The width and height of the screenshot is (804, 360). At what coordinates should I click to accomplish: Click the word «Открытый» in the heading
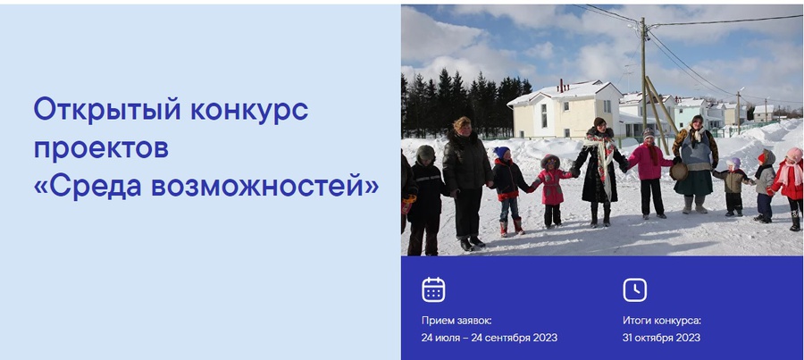(108, 110)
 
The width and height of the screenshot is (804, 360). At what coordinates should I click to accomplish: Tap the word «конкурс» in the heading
(250, 110)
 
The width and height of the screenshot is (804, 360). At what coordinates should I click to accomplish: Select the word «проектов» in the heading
(101, 148)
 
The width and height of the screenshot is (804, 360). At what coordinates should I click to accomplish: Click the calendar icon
(433, 289)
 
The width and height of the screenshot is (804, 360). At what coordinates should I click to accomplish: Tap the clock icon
(635, 289)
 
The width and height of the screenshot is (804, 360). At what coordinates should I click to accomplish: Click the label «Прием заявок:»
(456, 321)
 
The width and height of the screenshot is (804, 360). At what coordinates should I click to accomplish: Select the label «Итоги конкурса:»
(662, 321)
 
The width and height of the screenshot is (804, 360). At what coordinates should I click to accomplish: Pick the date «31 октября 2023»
(661, 338)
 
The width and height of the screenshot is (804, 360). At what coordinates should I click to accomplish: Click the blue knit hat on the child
(502, 152)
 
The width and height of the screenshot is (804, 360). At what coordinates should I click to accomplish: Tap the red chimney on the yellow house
(561, 85)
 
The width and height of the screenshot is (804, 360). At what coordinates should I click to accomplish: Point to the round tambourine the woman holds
(679, 172)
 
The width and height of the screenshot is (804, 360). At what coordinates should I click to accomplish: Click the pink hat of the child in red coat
(794, 154)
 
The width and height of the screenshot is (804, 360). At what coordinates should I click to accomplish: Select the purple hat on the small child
(734, 163)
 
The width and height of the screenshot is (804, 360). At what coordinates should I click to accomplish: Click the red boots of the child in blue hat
(512, 226)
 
